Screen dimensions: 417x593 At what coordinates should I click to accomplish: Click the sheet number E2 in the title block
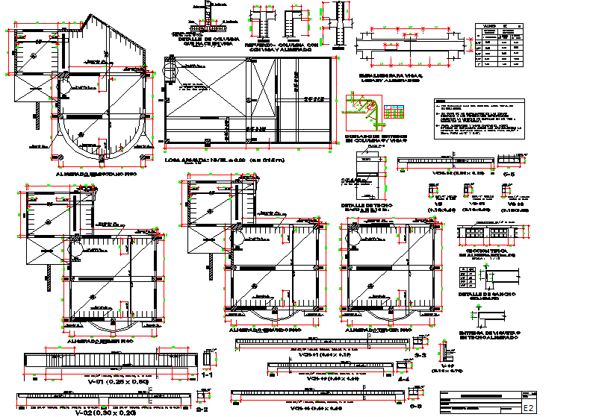(x=528, y=408)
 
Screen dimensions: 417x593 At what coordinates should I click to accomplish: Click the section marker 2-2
(x=202, y=410)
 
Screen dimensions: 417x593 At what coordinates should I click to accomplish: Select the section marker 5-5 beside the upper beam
(x=510, y=173)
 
